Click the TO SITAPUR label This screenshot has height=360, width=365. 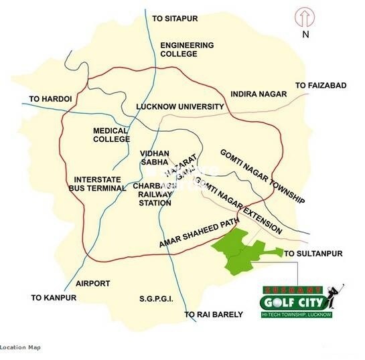click(177, 18)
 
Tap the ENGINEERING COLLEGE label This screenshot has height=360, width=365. click(187, 50)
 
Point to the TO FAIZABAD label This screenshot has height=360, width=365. click(321, 86)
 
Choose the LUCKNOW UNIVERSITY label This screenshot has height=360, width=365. click(179, 106)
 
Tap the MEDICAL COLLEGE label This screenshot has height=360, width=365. click(111, 134)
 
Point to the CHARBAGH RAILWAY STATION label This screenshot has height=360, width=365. click(155, 194)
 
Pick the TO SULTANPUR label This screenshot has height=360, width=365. click(313, 254)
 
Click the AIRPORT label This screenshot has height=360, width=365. click(93, 283)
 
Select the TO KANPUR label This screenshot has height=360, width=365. click(54, 297)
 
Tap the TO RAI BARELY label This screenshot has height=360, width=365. click(214, 314)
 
